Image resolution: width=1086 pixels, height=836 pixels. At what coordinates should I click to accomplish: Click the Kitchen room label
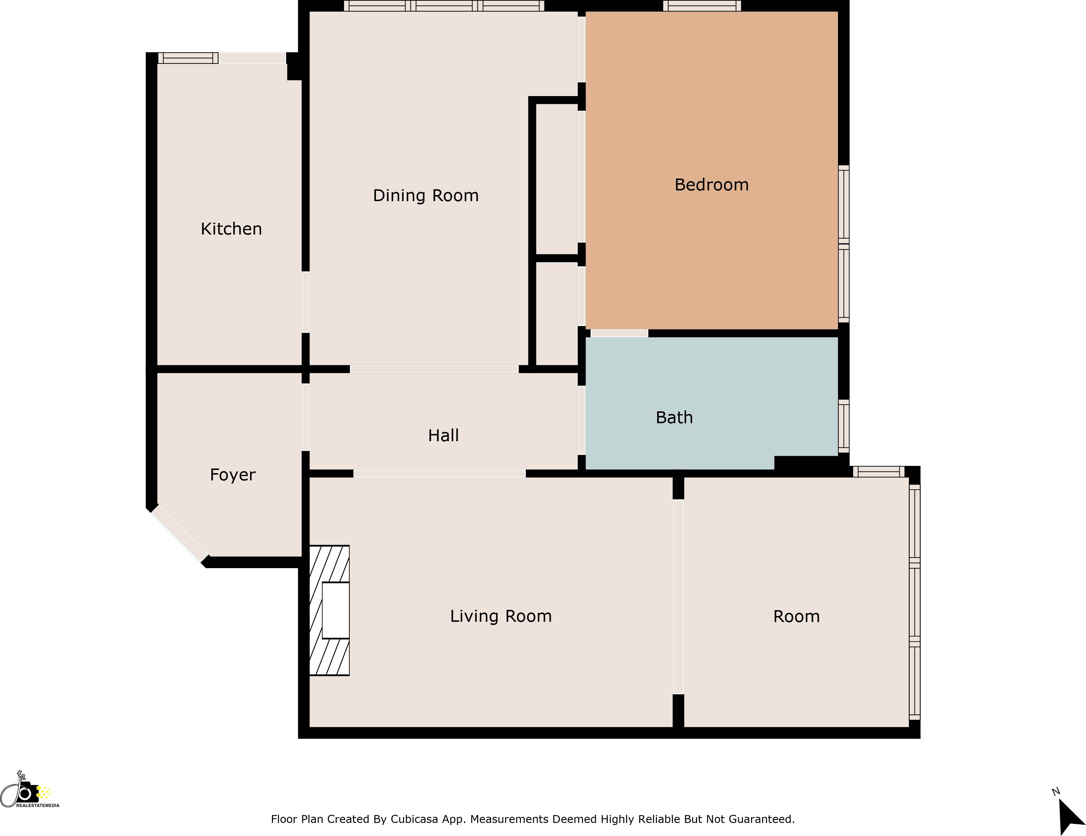(x=231, y=229)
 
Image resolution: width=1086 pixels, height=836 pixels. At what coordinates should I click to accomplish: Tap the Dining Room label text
(x=426, y=196)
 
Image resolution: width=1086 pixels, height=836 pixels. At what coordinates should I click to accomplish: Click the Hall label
(x=443, y=435)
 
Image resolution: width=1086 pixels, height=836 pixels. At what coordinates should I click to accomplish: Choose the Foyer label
(x=232, y=475)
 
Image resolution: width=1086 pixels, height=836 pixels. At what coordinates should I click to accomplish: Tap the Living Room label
(x=501, y=616)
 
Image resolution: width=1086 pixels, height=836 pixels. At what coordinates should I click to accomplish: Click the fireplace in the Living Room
(x=329, y=610)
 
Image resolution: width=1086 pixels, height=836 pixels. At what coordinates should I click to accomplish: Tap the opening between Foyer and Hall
(x=305, y=417)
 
